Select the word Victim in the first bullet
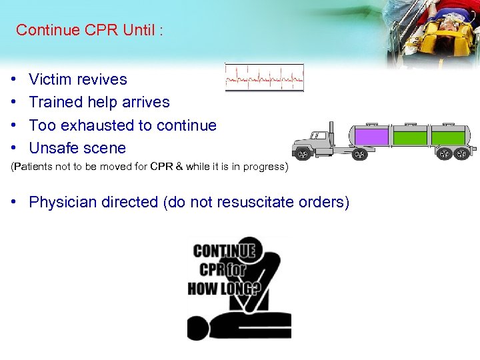(50, 79)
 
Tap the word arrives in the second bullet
(145, 102)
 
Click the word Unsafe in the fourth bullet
(52, 148)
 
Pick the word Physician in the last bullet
(63, 202)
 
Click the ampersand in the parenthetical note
(179, 167)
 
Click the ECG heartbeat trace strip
(265, 77)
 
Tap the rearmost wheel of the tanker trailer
(461, 154)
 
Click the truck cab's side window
(319, 135)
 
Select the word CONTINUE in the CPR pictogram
(224, 251)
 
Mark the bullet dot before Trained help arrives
(15, 103)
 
